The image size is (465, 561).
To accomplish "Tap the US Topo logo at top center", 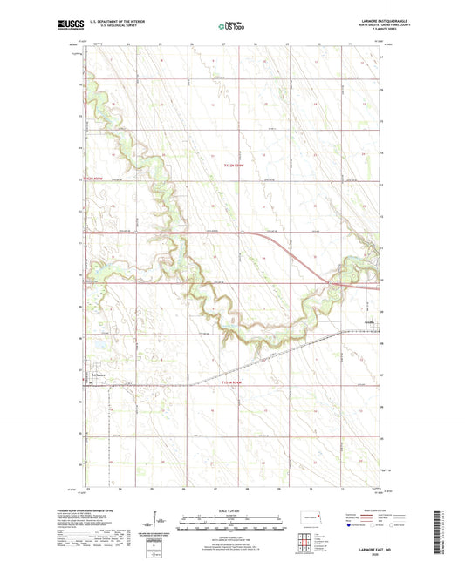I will pyautogui.click(x=230, y=27).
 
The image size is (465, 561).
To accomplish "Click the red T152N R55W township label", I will pyautogui.click(x=98, y=179).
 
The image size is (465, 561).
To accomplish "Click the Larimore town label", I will pyautogui.click(x=98, y=375).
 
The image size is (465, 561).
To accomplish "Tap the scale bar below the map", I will pyautogui.click(x=231, y=525).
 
